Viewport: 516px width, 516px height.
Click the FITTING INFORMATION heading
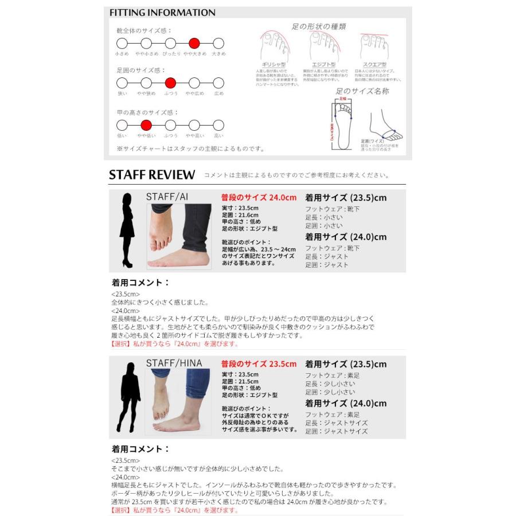[x=162, y=13]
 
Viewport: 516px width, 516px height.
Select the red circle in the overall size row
[x=194, y=43]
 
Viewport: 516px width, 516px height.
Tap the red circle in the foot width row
[x=170, y=83]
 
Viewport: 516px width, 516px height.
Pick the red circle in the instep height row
[x=146, y=126]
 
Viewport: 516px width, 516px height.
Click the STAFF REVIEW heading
[x=152, y=175]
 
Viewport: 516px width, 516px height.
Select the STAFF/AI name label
[x=167, y=197]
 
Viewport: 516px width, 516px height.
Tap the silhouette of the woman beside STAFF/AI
[x=127, y=230]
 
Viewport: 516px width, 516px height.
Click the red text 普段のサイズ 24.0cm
[x=259, y=197]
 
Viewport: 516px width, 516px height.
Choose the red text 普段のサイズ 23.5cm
[x=259, y=363]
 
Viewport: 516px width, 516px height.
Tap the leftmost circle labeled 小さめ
[x=122, y=43]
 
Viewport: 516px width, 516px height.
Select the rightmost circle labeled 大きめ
[x=218, y=43]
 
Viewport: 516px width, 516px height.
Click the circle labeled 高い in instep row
[x=218, y=126]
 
